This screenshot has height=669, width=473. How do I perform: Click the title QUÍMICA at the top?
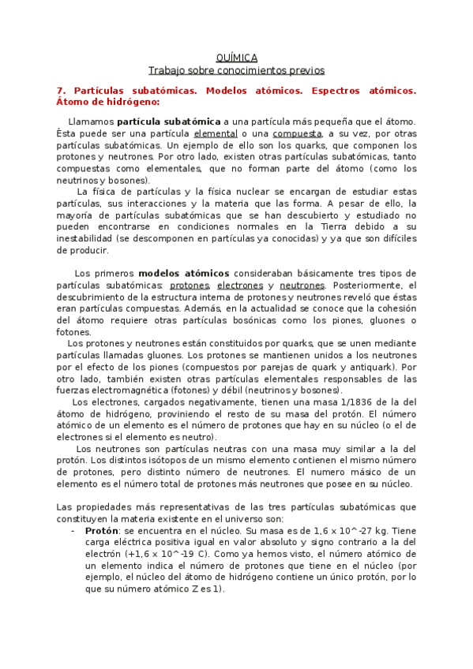(236, 58)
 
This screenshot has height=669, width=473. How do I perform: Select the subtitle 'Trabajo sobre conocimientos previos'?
(236, 70)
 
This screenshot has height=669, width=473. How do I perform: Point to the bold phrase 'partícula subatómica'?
(168, 122)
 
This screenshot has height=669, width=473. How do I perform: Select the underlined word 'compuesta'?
(298, 134)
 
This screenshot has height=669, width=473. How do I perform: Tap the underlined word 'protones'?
(190, 285)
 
